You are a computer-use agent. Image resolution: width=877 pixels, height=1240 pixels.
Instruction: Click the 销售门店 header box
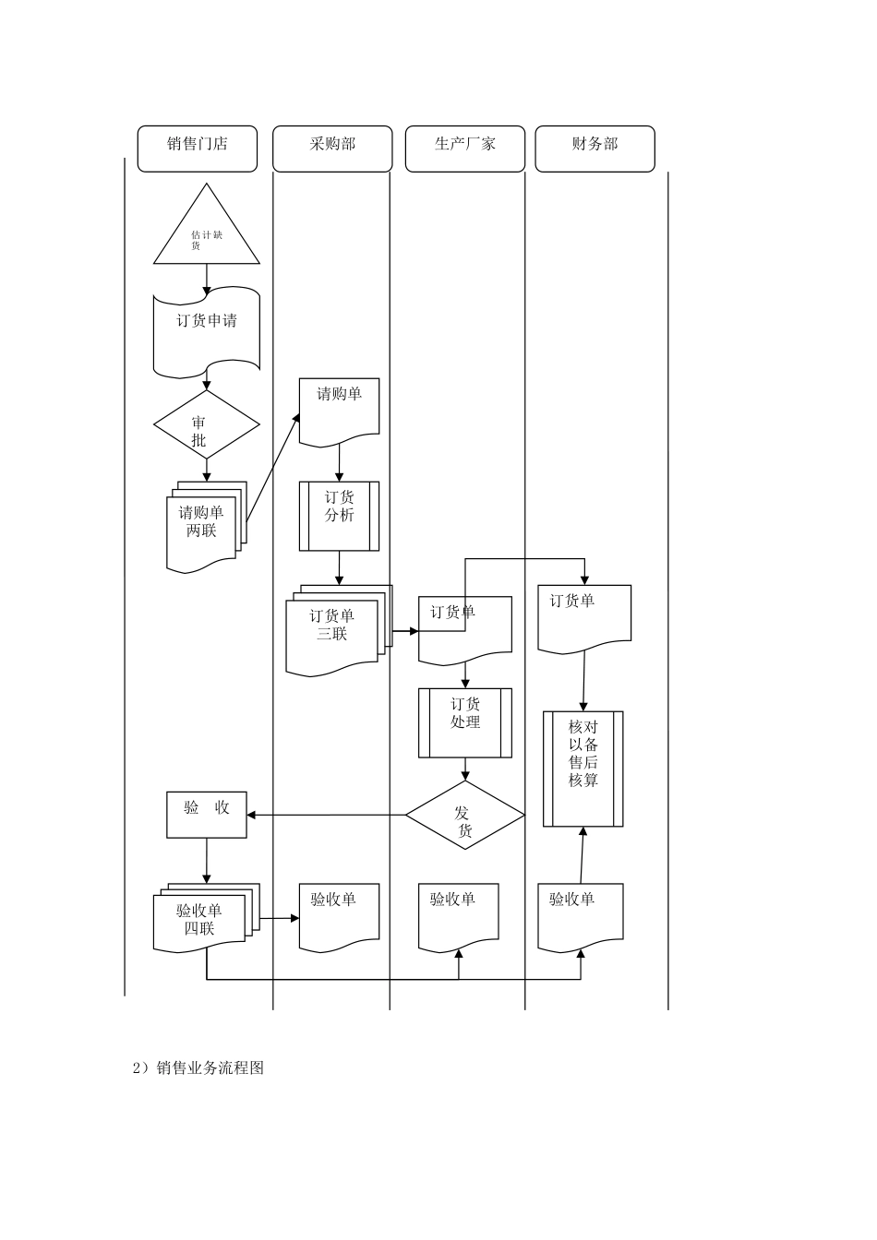point(197,149)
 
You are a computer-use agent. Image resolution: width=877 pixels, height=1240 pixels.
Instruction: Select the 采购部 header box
point(332,149)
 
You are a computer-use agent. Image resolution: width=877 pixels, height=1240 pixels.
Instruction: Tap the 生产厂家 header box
point(464,149)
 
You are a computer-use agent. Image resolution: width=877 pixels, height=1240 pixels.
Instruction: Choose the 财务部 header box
point(595,149)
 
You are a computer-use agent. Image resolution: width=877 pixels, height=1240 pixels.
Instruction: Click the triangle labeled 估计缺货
point(206,235)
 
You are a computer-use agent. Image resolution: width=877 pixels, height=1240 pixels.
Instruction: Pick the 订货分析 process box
point(339,516)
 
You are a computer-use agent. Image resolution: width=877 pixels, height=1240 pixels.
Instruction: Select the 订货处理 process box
point(464,722)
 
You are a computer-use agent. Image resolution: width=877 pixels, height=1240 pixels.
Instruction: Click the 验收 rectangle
point(206,815)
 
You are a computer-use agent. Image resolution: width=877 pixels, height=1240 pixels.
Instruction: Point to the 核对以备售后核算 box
point(583,768)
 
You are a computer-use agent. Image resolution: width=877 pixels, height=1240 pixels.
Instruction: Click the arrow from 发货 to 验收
point(328,815)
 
